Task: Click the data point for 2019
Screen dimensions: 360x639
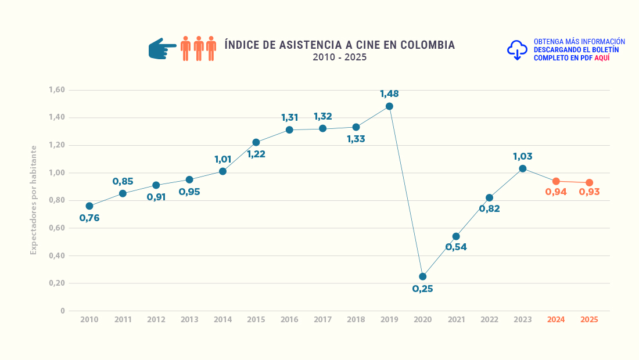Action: pos(389,106)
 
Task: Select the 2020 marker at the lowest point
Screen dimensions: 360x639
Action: pos(422,276)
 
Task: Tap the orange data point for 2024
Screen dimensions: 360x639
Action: pos(556,181)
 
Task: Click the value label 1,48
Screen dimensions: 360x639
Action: pos(389,93)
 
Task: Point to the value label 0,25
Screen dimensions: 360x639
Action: pos(422,289)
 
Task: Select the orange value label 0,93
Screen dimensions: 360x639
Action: pos(589,192)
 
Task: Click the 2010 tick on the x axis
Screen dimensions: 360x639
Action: pos(89,319)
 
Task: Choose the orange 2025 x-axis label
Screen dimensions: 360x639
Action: pos(589,319)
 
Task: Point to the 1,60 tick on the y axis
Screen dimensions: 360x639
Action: pos(57,90)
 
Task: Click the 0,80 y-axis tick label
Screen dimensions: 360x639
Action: pos(57,200)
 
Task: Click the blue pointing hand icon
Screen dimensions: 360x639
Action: pos(162,49)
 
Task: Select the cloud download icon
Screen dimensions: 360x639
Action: pos(517,51)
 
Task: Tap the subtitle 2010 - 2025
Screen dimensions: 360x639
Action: pos(339,57)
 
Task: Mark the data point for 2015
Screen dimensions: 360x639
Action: pos(256,142)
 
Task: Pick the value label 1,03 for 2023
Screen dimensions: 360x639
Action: pos(522,156)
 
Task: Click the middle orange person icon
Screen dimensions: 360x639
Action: pos(198,49)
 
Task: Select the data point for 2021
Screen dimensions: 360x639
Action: pos(456,236)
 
